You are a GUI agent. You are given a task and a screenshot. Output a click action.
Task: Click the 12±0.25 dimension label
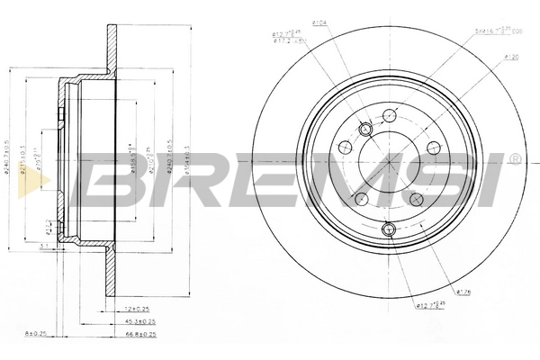139,309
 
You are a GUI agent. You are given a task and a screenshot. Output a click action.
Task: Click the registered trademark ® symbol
514,159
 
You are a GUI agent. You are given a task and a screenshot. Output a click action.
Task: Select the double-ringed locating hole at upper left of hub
365,130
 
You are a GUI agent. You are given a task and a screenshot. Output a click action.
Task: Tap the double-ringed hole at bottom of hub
390,230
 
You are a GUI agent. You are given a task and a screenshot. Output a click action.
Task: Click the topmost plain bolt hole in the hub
390,114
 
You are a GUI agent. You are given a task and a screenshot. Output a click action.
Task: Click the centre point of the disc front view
390,163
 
